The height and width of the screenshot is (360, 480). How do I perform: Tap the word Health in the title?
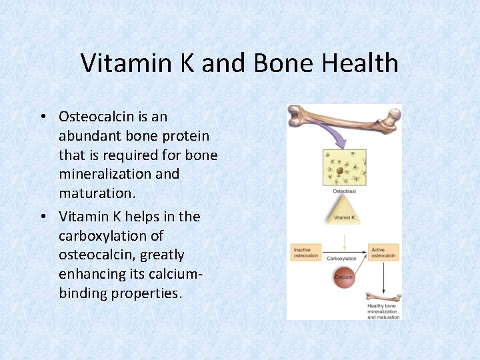click(x=360, y=63)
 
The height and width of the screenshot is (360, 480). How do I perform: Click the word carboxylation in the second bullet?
click(x=111, y=236)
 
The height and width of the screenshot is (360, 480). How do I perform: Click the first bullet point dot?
click(x=42, y=117)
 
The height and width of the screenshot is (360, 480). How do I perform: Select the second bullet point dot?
click(x=42, y=217)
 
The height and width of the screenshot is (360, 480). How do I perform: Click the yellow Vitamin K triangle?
click(x=344, y=213)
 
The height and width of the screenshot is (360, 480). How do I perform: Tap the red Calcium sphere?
click(x=344, y=277)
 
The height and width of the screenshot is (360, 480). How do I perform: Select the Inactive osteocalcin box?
click(x=307, y=253)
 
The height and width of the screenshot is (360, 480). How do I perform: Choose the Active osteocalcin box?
click(x=383, y=253)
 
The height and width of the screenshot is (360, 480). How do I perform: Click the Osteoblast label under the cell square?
click(x=344, y=191)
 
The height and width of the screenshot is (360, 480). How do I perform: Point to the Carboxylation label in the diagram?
click(x=341, y=258)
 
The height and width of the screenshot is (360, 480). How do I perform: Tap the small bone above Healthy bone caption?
click(x=383, y=297)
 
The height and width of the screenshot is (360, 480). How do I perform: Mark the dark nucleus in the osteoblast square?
click(x=339, y=170)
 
